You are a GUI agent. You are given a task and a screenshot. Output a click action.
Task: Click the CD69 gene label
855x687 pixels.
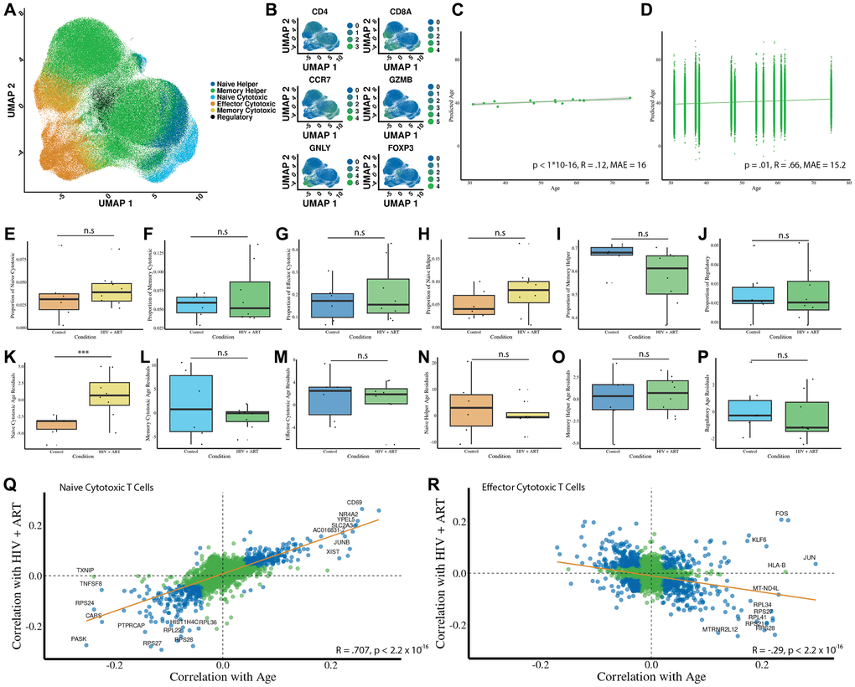click(355, 504)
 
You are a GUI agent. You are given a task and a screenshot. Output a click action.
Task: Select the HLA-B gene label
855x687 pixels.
click(777, 565)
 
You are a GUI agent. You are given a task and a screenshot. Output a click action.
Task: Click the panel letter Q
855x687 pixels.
click(11, 484)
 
